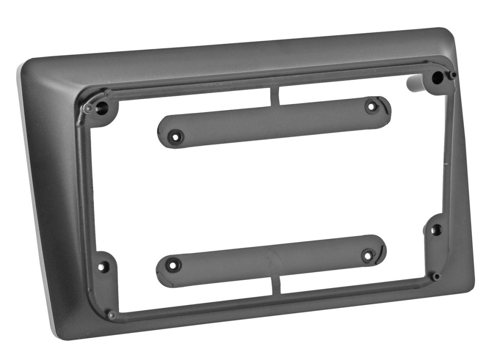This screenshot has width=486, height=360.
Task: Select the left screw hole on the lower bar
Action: click(x=173, y=263)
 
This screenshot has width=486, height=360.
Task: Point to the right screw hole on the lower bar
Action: click(x=367, y=256)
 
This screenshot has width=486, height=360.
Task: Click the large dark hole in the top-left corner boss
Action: click(x=101, y=107)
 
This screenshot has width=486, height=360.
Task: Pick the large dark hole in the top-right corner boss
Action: click(x=437, y=77)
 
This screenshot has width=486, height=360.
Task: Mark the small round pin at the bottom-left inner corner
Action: click(x=112, y=315)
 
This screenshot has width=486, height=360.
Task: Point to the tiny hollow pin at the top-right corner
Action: click(x=454, y=75)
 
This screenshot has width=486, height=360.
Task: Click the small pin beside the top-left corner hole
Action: click(x=88, y=109)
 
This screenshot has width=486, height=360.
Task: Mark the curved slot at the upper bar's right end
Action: click(x=385, y=107)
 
